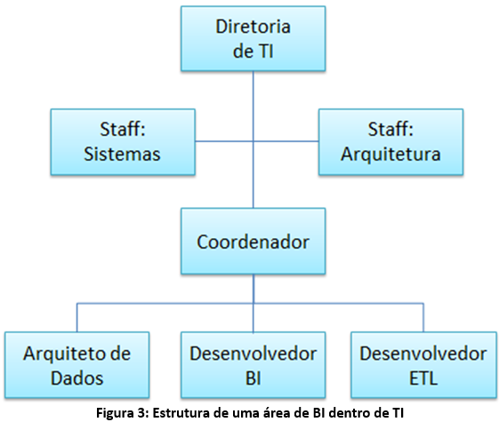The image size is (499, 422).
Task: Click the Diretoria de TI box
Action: coord(253,38)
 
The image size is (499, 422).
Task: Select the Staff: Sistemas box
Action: coord(123,142)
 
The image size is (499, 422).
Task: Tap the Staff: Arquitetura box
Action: coord(390,142)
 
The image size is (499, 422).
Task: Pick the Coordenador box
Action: coord(253,241)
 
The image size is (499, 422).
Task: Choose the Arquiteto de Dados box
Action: coord(77,365)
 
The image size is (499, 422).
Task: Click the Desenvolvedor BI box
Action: coord(253,365)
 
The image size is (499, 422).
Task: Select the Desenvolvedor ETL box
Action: coord(423,365)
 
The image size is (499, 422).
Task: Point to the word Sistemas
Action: coord(122,154)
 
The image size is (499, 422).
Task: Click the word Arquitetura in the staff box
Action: coord(390,155)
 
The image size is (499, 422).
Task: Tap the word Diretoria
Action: coord(253,27)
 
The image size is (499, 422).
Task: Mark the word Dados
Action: coord(77,378)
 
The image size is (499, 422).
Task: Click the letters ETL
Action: coord(423,378)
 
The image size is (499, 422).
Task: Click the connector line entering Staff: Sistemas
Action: coord(224,141)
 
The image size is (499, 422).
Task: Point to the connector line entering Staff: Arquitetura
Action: coord(286,141)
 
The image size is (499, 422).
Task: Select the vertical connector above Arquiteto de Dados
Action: coord(77,317)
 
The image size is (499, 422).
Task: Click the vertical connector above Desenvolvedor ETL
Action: coord(423,317)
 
